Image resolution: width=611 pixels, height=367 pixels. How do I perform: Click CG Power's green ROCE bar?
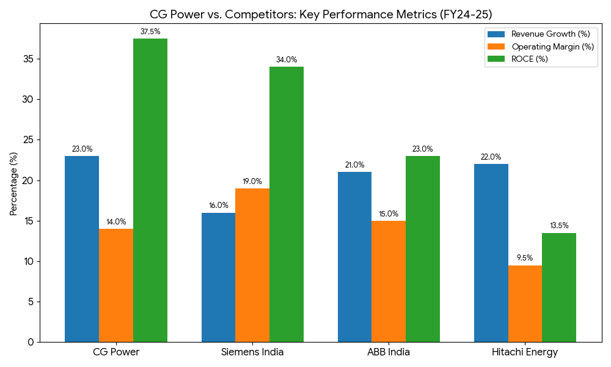coord(150,190)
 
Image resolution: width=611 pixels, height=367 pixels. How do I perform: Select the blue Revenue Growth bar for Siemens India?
coord(218,277)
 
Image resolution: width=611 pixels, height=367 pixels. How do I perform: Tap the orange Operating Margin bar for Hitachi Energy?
coord(525,303)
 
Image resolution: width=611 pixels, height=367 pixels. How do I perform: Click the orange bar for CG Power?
coord(116,285)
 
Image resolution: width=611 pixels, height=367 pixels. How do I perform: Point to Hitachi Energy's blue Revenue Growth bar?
coord(491,253)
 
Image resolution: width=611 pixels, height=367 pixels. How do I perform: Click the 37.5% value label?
coord(150,32)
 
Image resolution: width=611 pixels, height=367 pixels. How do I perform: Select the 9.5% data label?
coord(525,258)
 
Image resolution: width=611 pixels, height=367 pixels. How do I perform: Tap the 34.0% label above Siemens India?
coord(287,60)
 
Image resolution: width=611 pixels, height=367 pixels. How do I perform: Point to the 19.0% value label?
coord(252,182)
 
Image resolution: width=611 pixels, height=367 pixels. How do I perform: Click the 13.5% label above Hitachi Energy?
coord(559,226)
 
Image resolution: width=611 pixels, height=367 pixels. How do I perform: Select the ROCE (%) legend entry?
coord(530,59)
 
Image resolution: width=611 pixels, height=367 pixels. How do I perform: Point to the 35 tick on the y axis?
coord(29,59)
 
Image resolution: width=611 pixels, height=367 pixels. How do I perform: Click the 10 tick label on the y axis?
coord(29,261)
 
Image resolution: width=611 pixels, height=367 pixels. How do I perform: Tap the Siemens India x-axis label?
coord(252,352)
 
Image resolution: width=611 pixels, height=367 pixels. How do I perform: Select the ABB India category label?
coord(389,352)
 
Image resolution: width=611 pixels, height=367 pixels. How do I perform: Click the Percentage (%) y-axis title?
coord(13,183)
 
